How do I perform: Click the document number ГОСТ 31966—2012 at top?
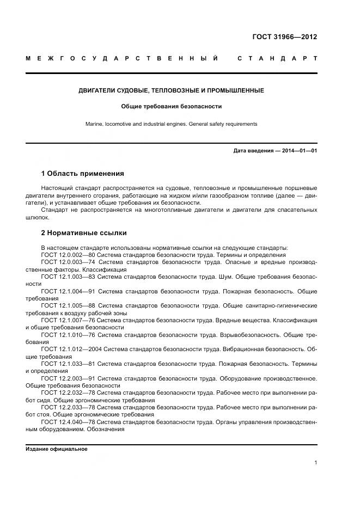[284, 37]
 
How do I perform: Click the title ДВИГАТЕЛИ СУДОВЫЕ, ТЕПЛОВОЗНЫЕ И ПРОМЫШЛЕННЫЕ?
[171, 90]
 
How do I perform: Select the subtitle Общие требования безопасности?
[171, 107]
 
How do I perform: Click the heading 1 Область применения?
[82, 174]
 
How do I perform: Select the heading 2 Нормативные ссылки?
[84, 233]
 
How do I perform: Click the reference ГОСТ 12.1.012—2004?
[71, 349]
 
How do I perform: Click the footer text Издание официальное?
[57, 449]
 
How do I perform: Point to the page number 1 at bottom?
[315, 463]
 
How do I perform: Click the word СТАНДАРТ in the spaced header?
[277, 58]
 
